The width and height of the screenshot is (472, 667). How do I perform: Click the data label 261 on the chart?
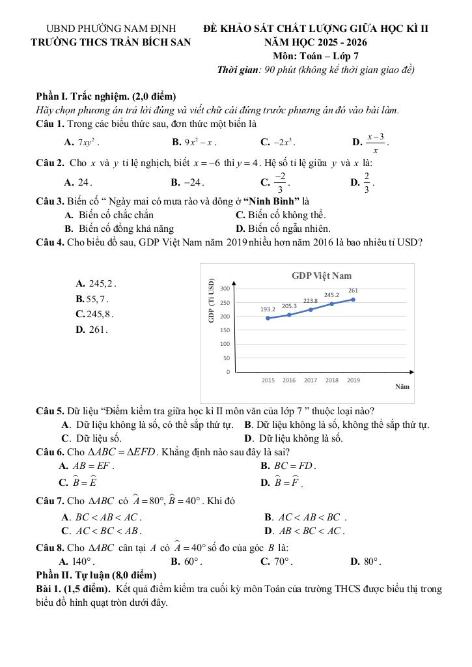tap(353, 291)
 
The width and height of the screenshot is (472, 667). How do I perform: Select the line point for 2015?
tap(268, 318)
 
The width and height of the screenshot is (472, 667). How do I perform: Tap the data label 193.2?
tap(268, 309)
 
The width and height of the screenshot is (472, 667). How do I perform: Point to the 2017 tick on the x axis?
tap(311, 380)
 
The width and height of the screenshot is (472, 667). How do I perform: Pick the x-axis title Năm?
tap(402, 386)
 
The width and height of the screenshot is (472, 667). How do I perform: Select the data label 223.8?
tap(311, 300)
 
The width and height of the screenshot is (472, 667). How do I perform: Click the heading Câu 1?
tap(49, 123)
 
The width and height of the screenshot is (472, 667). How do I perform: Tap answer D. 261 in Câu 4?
tap(90, 330)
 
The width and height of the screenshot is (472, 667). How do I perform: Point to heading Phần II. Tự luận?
tap(96, 575)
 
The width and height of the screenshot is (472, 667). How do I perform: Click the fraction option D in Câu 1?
tap(371, 141)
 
